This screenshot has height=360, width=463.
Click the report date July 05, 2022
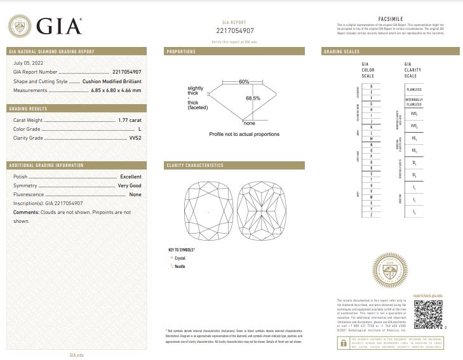28,63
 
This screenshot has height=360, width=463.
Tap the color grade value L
139,129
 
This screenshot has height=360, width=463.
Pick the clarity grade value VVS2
135,138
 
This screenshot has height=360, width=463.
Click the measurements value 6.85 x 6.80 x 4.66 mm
115,91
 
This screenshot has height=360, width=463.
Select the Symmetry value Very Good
129,185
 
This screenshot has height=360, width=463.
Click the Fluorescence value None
135,194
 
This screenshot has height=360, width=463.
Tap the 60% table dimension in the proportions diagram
245,82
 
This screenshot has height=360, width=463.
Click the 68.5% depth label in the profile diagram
253,98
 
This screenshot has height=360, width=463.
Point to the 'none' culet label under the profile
248,123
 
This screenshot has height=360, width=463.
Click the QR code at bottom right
428,313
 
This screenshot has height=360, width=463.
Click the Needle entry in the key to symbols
179,267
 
